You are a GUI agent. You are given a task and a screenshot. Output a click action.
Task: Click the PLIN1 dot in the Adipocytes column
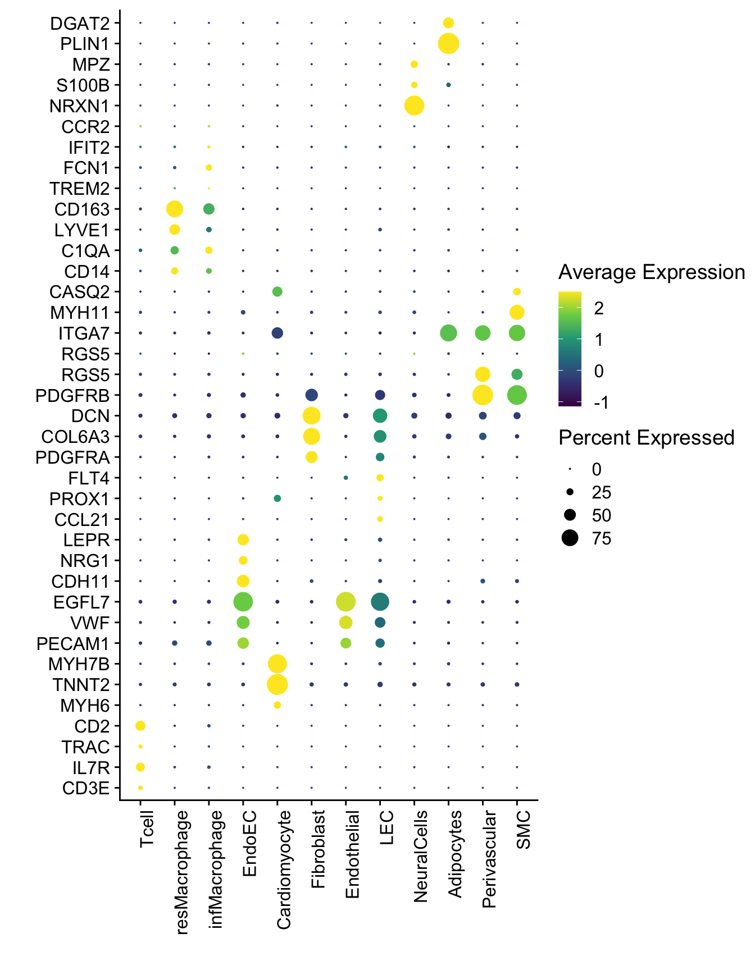pyautogui.click(x=448, y=43)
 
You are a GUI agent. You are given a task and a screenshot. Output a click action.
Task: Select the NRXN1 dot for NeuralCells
pyautogui.click(x=414, y=106)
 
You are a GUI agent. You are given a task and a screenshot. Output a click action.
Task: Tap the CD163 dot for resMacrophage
pyautogui.click(x=175, y=209)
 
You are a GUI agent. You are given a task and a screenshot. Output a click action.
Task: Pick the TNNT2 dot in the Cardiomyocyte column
pyautogui.click(x=277, y=684)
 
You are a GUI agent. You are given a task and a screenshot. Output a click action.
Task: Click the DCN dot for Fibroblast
pyautogui.click(x=311, y=416)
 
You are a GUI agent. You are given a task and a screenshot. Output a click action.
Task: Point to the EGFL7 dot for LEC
pyautogui.click(x=380, y=602)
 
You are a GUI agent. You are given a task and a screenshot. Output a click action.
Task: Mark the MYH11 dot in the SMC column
pyautogui.click(x=517, y=312)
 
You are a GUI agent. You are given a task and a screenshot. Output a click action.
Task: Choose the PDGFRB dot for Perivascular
pyautogui.click(x=483, y=395)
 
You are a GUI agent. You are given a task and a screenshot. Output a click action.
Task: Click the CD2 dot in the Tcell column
pyautogui.click(x=140, y=726)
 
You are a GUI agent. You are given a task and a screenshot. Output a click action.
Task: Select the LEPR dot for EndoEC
pyautogui.click(x=243, y=540)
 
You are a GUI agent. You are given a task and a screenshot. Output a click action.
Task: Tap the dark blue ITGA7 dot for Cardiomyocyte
pyautogui.click(x=277, y=333)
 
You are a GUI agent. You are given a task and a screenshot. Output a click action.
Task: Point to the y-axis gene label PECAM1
pyautogui.click(x=73, y=643)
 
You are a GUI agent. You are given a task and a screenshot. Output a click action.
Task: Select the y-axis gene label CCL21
pyautogui.click(x=81, y=520)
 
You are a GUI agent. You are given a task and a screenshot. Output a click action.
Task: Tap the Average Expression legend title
pyautogui.click(x=651, y=273)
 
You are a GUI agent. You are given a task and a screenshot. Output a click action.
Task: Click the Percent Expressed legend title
pyautogui.click(x=646, y=438)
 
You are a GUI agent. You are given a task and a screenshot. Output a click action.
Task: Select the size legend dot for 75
pyautogui.click(x=570, y=538)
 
